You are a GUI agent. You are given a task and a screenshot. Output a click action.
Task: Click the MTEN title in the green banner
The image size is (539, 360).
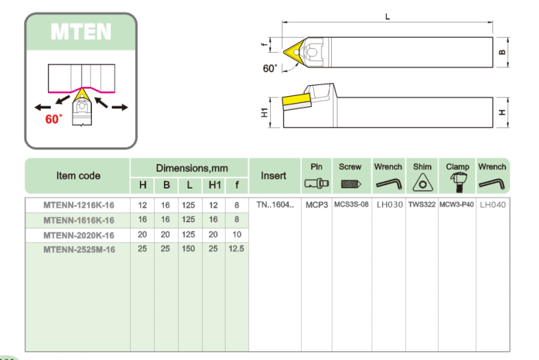point(81,32)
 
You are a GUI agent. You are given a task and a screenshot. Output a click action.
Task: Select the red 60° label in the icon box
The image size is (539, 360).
point(53,119)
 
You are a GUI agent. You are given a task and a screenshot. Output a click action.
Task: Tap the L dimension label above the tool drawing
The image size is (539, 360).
point(387,17)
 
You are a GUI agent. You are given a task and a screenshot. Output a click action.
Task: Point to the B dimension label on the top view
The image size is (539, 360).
point(501,51)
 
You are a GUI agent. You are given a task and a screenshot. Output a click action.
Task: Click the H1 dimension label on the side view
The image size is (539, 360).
point(265,112)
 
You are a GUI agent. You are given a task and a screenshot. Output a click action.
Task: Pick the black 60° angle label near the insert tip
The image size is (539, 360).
point(270,69)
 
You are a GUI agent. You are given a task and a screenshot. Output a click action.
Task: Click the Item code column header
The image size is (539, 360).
point(77,176)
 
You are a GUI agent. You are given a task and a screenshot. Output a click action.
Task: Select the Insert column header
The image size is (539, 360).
point(274,176)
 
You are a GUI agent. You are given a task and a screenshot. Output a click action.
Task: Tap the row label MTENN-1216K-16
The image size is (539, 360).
point(78,205)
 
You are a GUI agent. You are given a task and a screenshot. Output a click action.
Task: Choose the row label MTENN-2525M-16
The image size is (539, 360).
point(78,250)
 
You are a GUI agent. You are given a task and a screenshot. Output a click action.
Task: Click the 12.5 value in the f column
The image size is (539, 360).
point(236,249)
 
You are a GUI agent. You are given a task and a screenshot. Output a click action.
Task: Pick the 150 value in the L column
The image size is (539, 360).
point(189,249)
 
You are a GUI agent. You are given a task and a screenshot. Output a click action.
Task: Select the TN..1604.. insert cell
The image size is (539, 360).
point(274,205)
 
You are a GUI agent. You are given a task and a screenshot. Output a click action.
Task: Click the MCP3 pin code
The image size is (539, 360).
point(316,205)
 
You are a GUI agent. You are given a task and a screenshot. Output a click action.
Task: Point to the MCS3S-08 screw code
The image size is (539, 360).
point(351,205)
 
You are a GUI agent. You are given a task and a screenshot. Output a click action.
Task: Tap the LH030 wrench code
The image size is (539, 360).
point(387,205)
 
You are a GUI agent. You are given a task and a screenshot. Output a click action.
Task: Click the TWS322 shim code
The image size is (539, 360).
point(422,205)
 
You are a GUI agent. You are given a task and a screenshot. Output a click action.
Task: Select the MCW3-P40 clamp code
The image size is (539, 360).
point(457,205)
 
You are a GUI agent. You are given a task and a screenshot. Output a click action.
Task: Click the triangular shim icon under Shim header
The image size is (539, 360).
point(422,183)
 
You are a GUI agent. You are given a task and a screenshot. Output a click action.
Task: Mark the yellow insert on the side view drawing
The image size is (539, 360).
point(294,102)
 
